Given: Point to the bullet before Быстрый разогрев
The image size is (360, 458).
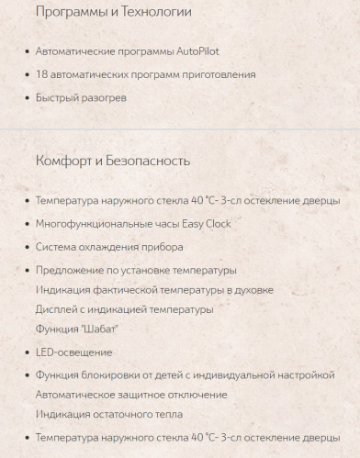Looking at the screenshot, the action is (25, 98).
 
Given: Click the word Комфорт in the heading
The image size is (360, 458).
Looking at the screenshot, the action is (66, 162).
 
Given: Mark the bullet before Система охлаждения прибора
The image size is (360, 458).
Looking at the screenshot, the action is (25, 248).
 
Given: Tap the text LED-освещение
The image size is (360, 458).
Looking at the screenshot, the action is (73, 352).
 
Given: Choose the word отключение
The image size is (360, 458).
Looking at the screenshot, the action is (197, 395).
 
